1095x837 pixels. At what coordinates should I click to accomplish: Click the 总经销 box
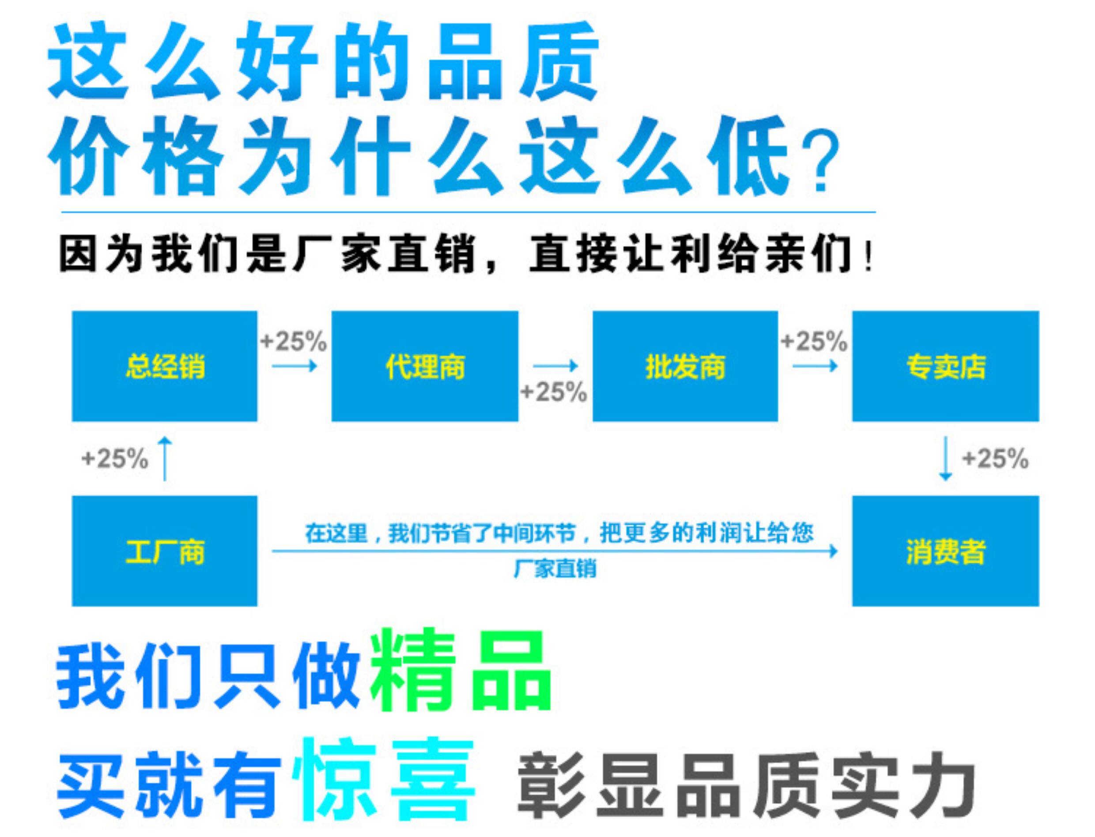pyautogui.click(x=164, y=366)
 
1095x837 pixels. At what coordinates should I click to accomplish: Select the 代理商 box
pyautogui.click(x=425, y=366)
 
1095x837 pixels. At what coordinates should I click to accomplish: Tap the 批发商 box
pyautogui.click(x=685, y=366)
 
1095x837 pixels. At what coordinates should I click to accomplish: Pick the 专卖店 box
pyautogui.click(x=946, y=366)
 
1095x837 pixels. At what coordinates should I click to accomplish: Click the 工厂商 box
pyautogui.click(x=164, y=551)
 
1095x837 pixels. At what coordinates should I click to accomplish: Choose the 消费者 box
pyautogui.click(x=946, y=551)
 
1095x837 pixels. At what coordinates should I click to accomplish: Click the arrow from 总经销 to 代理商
pyautogui.click(x=295, y=366)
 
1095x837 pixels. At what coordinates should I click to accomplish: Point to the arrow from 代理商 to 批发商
pyautogui.click(x=555, y=366)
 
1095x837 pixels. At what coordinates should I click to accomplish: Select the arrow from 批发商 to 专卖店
pyautogui.click(x=815, y=366)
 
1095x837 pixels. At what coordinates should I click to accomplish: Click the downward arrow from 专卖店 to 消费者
pyautogui.click(x=946, y=459)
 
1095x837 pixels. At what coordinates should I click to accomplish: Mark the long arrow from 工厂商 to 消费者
pyautogui.click(x=555, y=551)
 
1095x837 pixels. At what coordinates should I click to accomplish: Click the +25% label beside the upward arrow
pyautogui.click(x=115, y=458)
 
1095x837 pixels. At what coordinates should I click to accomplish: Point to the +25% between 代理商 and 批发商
pyautogui.click(x=554, y=392)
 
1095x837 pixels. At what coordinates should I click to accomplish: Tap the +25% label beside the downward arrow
pyautogui.click(x=995, y=458)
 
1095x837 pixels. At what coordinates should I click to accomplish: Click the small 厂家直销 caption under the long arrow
pyautogui.click(x=555, y=569)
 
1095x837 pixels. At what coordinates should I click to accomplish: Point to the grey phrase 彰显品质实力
pyautogui.click(x=746, y=785)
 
